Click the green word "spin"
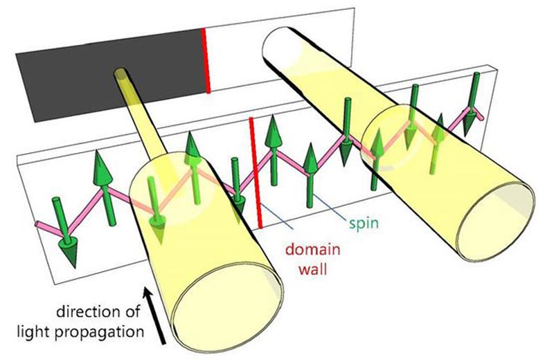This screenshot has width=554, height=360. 364,224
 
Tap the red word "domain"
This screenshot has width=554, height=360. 313,249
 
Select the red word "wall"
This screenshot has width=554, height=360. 313,269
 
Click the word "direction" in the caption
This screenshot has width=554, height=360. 98,312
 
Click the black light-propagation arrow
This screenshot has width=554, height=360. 154,316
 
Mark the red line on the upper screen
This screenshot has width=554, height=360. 206,61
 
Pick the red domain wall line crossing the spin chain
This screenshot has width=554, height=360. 256,173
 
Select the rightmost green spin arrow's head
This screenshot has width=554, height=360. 470,122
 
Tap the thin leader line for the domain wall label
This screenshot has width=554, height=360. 278,218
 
